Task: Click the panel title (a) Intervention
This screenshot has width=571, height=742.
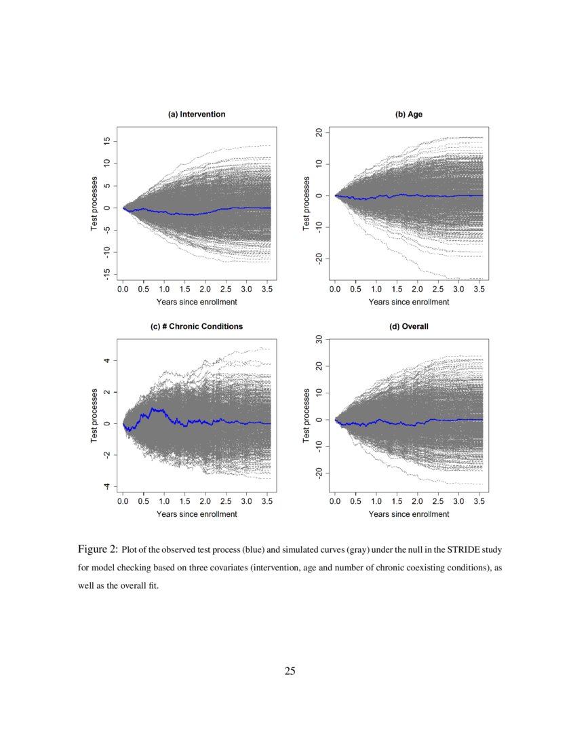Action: (x=197, y=115)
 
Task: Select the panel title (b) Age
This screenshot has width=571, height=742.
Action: (x=409, y=115)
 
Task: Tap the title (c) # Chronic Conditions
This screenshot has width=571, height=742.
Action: (x=197, y=326)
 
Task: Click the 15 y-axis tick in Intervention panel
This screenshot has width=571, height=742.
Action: (x=106, y=141)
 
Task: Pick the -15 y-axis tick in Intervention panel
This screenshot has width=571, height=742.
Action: (x=106, y=273)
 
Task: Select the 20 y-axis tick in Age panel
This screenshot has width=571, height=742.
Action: (x=318, y=133)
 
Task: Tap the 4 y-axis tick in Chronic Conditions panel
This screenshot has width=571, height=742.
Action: (x=106, y=361)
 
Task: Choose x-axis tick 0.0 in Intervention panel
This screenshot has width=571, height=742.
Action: (x=123, y=290)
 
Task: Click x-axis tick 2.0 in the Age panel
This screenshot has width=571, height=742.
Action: (x=418, y=290)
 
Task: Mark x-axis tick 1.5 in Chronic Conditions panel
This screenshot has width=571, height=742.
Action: (x=184, y=501)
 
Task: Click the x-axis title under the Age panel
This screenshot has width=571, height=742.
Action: (x=409, y=302)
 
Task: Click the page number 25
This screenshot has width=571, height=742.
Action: (x=290, y=671)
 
